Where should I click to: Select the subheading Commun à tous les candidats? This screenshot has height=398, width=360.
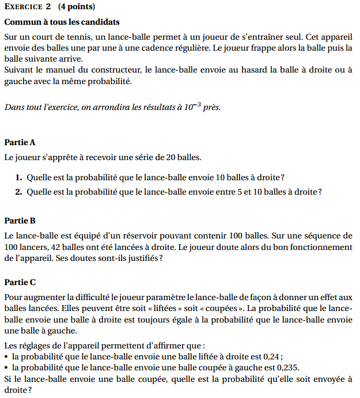[62, 22]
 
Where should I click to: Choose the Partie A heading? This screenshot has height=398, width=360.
[20, 142]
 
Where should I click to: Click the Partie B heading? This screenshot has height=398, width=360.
[20, 221]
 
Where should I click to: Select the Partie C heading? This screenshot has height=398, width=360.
[20, 282]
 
